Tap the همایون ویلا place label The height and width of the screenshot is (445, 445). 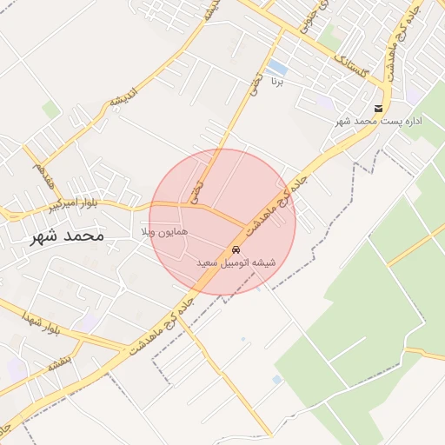[160, 234]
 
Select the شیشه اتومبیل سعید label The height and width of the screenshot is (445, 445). [235, 262]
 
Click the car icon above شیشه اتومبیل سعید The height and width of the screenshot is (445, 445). [236, 249]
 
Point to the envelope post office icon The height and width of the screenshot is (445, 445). [378, 110]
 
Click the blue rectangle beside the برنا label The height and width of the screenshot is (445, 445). [277, 67]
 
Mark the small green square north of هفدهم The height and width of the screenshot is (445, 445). [52, 110]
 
